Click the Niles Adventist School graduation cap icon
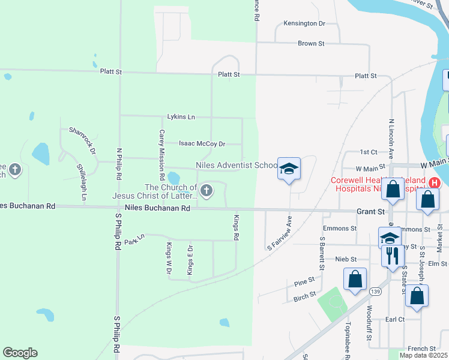point(288,170)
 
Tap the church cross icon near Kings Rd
point(206,191)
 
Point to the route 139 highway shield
point(376,291)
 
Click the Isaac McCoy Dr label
point(202,144)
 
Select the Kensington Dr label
point(304,23)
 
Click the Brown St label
point(311,44)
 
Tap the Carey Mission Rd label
point(161,155)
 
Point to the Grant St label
point(370,212)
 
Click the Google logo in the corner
point(20,353)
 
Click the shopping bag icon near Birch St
point(355,279)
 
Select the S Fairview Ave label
point(280,232)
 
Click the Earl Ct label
point(395,319)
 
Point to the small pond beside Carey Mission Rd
point(173,178)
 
